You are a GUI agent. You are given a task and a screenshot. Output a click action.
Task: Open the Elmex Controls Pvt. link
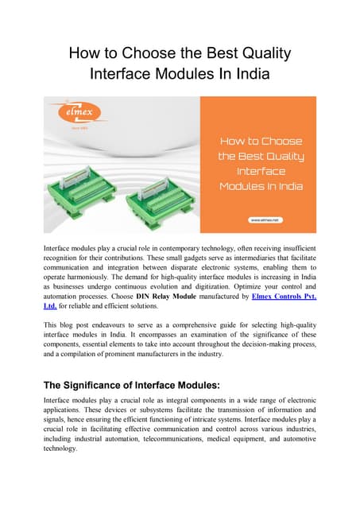(x=284, y=296)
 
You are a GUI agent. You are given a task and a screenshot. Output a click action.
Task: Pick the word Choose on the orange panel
(x=281, y=141)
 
